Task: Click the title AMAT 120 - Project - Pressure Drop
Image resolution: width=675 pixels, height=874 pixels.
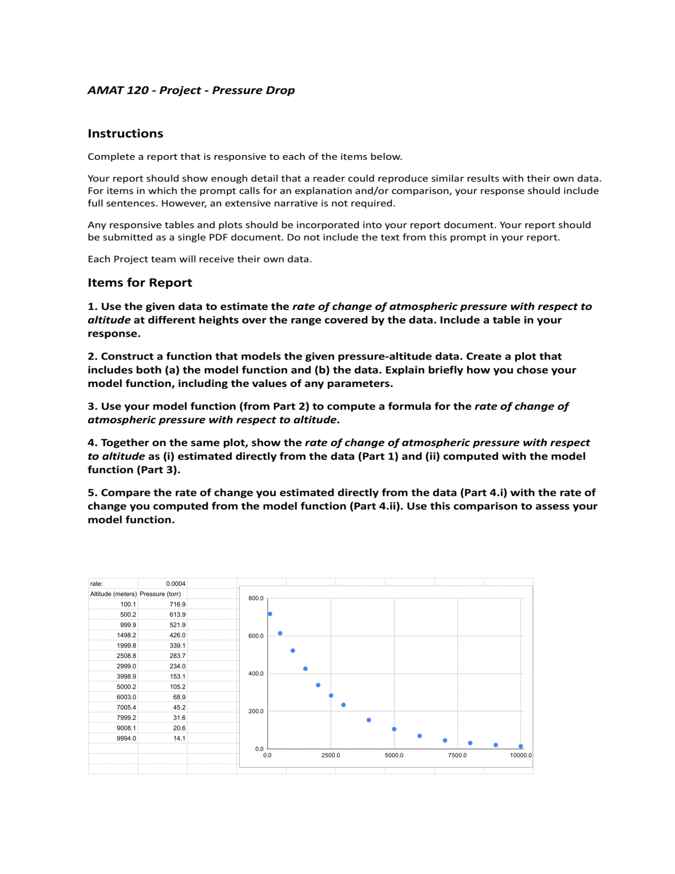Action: (x=191, y=91)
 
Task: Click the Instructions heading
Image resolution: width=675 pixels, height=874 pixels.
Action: (x=125, y=133)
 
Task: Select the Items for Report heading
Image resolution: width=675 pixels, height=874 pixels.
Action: (x=139, y=283)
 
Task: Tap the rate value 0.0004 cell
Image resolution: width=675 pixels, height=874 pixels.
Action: (x=175, y=584)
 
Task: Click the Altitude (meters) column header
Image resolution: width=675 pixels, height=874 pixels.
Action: (x=113, y=594)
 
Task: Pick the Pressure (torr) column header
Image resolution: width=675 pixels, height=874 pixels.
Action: (x=160, y=594)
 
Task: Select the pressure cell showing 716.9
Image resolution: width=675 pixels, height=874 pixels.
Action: (x=177, y=605)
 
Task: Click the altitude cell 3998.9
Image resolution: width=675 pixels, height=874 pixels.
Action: (x=126, y=677)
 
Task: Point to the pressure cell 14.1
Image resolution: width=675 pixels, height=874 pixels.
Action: (x=179, y=739)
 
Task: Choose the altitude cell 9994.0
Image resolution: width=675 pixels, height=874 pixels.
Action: (x=126, y=739)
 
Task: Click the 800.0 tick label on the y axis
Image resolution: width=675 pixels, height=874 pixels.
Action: (x=256, y=599)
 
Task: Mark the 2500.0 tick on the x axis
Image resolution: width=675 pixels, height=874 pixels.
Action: (x=331, y=756)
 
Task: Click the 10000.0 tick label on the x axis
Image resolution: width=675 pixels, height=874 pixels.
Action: (x=521, y=756)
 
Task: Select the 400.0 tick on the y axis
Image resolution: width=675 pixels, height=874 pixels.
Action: (x=256, y=674)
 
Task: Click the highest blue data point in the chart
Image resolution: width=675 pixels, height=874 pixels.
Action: (x=270, y=614)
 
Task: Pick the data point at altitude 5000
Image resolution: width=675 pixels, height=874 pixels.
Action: (x=394, y=729)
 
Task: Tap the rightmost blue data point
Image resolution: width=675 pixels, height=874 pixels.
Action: (x=521, y=747)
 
